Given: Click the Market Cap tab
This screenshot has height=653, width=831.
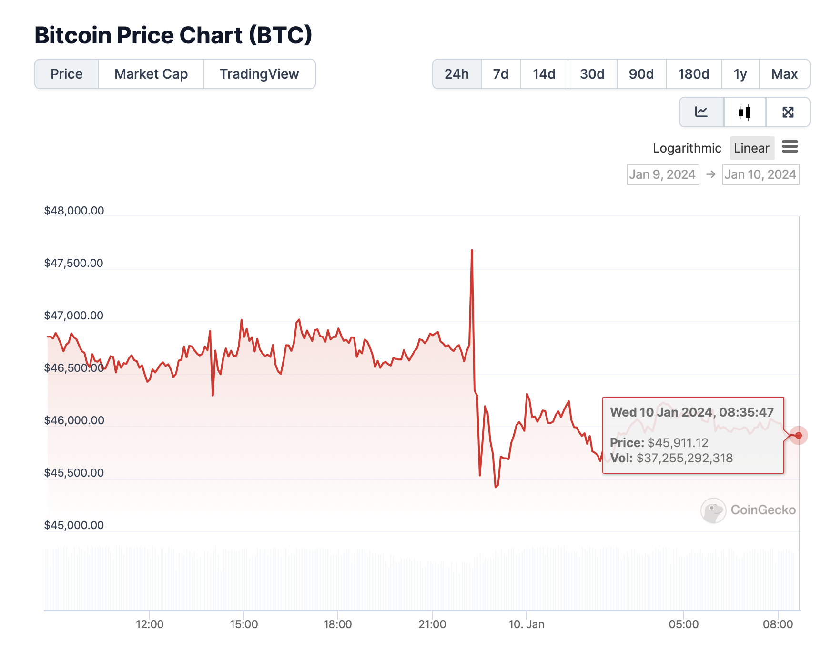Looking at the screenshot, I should coord(151,74).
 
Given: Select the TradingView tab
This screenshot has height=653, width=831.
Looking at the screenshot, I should coord(259,74).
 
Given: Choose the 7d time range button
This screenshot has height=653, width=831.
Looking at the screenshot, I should coord(500,74).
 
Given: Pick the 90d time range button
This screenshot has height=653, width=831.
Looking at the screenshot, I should coord(641,74).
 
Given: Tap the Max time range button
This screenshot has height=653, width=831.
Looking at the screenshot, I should coord(784,74).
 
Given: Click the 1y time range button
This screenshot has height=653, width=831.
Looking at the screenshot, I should coord(740,74).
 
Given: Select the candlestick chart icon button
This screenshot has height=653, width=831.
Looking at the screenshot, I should coord(744,112).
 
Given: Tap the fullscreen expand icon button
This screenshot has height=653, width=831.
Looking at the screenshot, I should coord(788,112).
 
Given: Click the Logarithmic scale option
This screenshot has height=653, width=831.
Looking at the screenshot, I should coord(687,148).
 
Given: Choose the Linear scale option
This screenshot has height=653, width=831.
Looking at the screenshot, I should coord(751,148).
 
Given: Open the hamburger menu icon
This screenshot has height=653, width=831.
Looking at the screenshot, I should coord(790,147).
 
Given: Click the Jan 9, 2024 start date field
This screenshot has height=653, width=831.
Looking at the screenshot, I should coord(663,174).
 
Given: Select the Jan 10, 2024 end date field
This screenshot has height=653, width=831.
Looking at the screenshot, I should coord(760,174).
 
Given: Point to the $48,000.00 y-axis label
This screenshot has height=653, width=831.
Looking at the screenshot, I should coord(74,211).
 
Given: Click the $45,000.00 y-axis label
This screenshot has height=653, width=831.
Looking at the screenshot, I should coord(74,525).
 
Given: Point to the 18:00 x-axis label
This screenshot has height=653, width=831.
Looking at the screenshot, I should coord(337,624).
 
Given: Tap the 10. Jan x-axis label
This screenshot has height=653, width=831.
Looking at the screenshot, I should coord(526,624).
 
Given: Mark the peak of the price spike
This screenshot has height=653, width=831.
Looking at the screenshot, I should coord(472,250).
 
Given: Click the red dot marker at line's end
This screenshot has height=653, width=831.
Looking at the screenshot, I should coord(799,435).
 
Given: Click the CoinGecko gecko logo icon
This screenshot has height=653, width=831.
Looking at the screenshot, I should coord(713,510).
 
